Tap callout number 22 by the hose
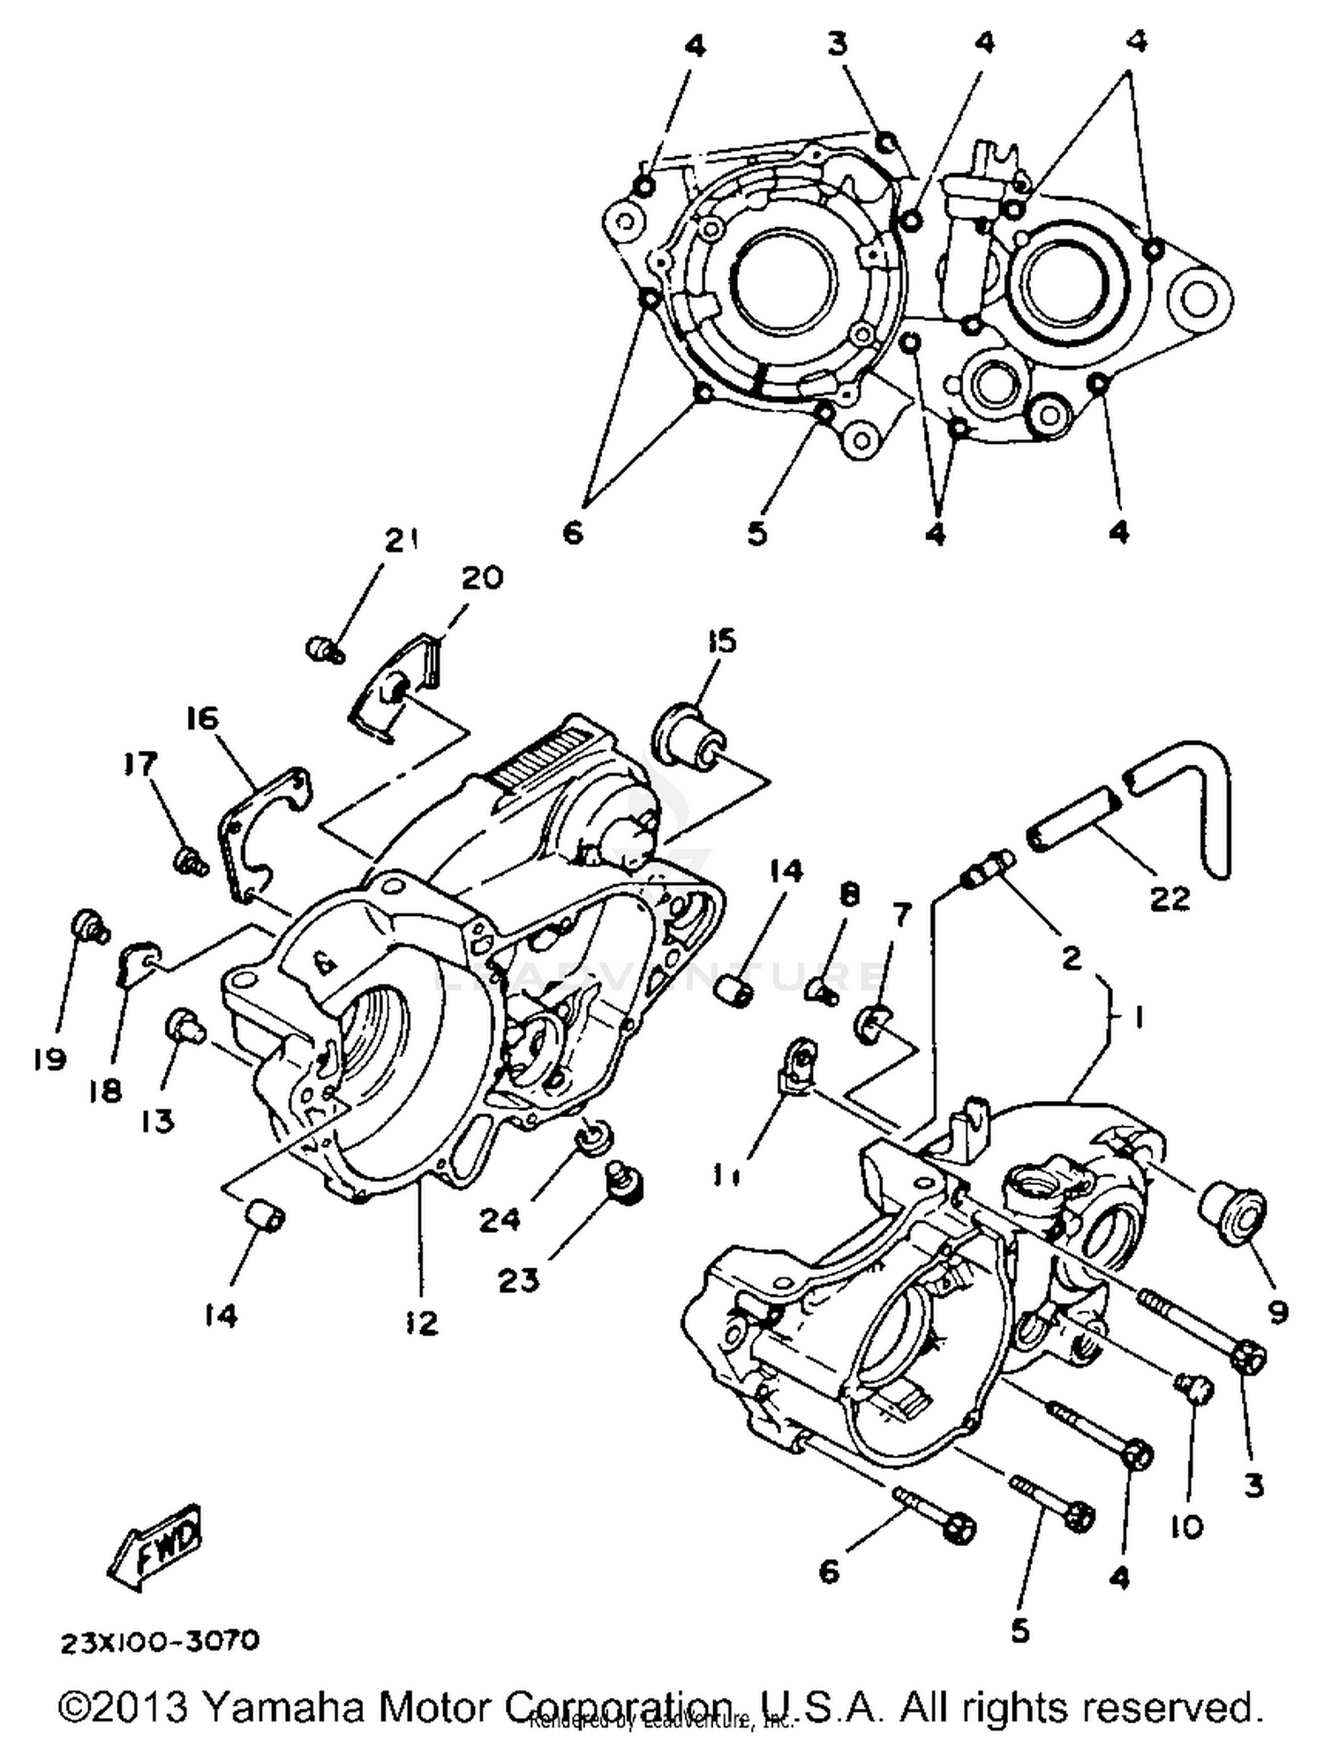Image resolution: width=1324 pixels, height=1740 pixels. (1170, 898)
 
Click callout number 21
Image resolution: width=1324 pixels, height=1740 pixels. (402, 540)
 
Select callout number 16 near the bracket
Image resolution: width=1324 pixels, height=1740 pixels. (202, 719)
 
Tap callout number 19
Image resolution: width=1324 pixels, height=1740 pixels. (50, 1058)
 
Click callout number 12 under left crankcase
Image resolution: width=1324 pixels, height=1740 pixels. (422, 1322)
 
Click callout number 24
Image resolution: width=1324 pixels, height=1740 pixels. (500, 1220)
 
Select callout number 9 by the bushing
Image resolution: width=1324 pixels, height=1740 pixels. (1277, 1312)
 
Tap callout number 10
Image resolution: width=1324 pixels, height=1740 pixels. (1188, 1526)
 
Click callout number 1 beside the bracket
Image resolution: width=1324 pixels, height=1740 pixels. (1140, 1018)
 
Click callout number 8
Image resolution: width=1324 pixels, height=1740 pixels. (848, 896)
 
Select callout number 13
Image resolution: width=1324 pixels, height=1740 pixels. (158, 1121)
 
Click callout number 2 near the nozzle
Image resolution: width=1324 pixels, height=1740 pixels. (1071, 957)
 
